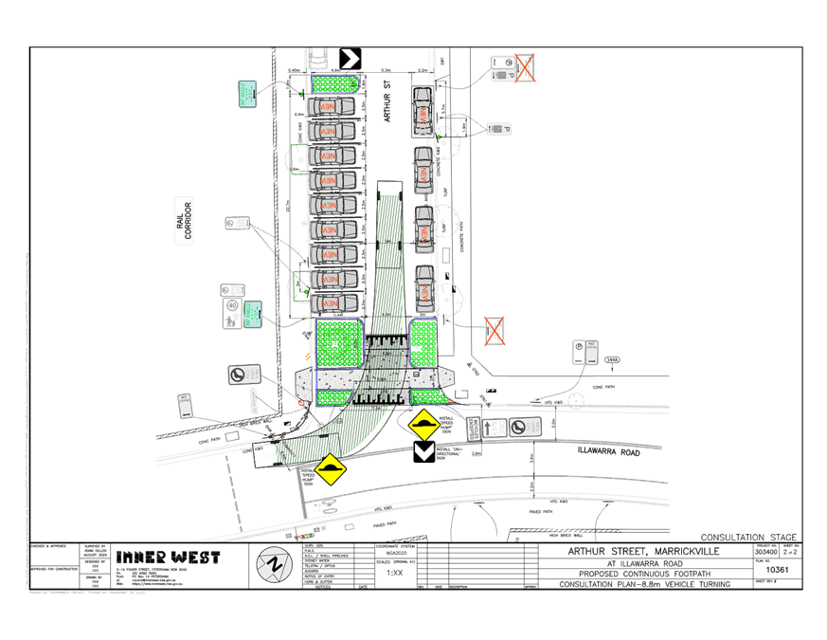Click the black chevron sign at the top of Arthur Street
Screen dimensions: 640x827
pyautogui.click(x=351, y=59)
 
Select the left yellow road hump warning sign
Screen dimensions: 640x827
pyautogui.click(x=329, y=469)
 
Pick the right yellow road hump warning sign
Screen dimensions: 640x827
pyautogui.click(x=423, y=424)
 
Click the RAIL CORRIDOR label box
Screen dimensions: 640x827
pyautogui.click(x=183, y=222)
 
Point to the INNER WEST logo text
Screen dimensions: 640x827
pyautogui.click(x=168, y=558)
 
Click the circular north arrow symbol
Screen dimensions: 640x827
pyautogui.click(x=275, y=565)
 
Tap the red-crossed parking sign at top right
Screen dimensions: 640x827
pyautogui.click(x=524, y=67)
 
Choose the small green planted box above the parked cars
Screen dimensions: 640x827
pyautogui.click(x=336, y=84)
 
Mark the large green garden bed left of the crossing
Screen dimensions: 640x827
pyautogui.click(x=339, y=342)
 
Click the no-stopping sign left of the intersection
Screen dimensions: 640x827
pyautogui.click(x=244, y=375)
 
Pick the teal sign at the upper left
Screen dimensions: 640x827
pyautogui.click(x=249, y=93)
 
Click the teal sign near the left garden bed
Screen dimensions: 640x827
pyautogui.click(x=253, y=313)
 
